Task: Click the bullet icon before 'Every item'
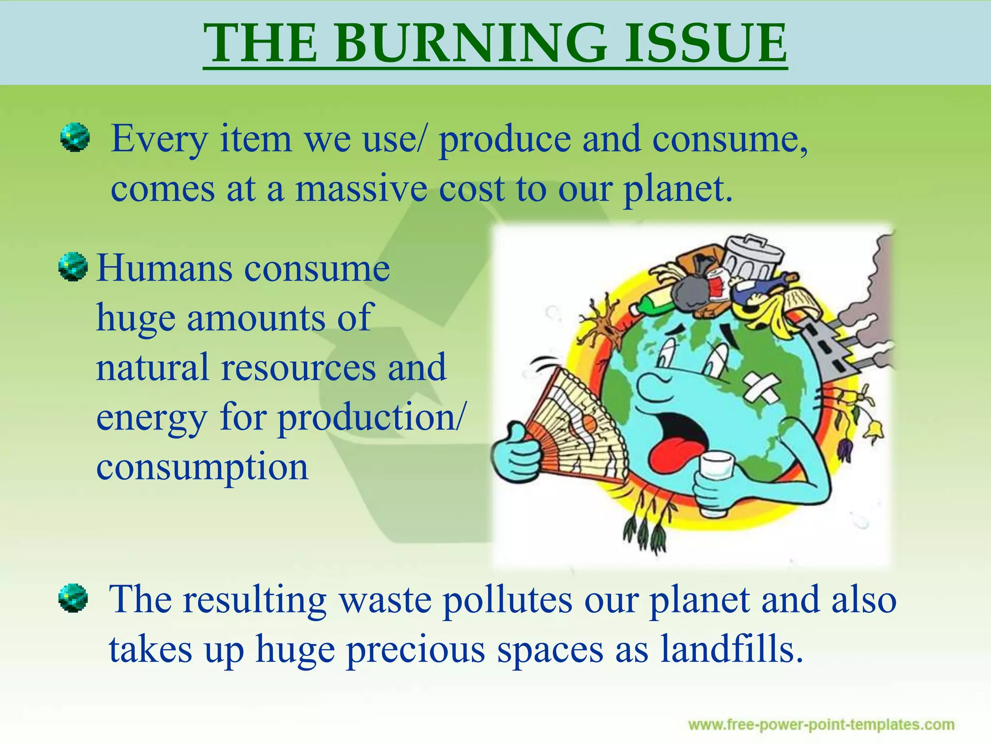(75, 138)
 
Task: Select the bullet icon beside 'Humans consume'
(73, 267)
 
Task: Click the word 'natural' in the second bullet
(152, 367)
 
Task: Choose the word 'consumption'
(202, 467)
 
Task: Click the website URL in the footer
(821, 725)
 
